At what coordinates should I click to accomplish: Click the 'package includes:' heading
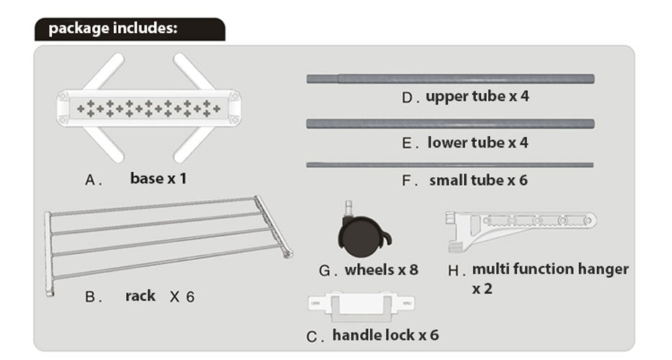pos(112,29)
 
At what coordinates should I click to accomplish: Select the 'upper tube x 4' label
pos(477,96)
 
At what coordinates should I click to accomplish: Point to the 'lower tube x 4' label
pos(478,143)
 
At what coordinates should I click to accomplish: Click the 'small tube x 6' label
pos(478,180)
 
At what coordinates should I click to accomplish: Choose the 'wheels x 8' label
pos(382,270)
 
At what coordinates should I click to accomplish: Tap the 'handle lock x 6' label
pos(385,335)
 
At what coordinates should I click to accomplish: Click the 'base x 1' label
pos(158,178)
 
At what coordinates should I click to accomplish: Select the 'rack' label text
pos(140,295)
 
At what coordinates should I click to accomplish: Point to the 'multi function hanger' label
pos(550,269)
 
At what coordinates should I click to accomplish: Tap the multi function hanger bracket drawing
pos(519,227)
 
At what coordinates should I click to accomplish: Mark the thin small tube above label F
pos(450,165)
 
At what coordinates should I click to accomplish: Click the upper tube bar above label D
pos(450,78)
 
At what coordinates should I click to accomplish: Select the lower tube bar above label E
pos(450,124)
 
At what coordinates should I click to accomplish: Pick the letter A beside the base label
pos(90,181)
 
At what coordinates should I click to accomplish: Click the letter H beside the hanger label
pos(453,271)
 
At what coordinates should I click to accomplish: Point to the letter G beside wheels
pos(325,271)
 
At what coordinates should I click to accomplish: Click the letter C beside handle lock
pos(311,337)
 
